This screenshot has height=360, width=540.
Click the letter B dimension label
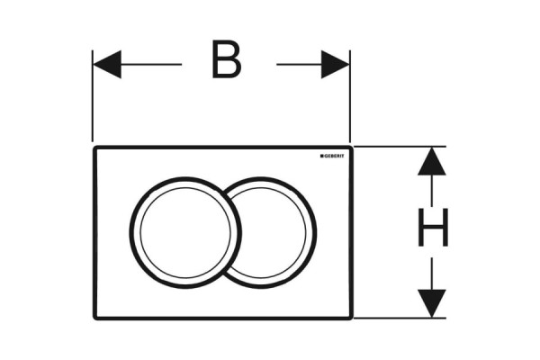coord(226,59)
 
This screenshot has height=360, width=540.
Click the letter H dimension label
coord(433,228)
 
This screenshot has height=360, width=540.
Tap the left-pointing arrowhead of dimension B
coord(107,65)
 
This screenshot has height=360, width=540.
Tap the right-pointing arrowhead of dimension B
coord(335,65)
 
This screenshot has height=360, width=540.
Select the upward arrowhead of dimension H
coord(432,161)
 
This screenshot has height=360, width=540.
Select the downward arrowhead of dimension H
coord(432,303)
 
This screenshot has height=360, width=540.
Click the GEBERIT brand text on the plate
coord(334,156)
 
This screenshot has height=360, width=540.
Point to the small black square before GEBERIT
coord(321,156)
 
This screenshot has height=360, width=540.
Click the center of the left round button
coord(185,233)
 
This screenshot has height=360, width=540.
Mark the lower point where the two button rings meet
coord(224,275)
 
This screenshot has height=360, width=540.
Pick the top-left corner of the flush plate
coord(94,147)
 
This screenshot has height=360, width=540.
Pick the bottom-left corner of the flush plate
coord(94,319)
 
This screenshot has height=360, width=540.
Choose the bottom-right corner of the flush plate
coord(352,319)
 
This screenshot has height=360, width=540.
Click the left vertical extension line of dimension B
coord(93,96)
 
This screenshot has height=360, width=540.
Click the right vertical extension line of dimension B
coord(350,96)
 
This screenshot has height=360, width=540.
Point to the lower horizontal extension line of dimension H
coord(400,318)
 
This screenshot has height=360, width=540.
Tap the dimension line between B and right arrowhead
coord(299,65)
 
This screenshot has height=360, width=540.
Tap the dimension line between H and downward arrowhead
coord(432,274)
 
